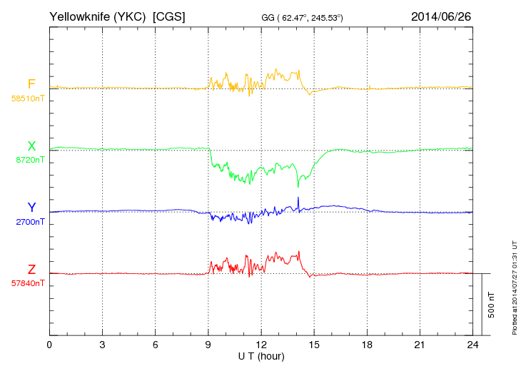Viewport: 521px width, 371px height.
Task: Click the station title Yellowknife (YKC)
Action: [98, 16]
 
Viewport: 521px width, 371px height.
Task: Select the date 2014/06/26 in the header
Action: [440, 16]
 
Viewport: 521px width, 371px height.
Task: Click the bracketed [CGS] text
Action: [169, 16]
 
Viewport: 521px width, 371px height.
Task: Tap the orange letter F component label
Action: [31, 84]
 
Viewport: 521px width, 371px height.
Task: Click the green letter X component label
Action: [31, 146]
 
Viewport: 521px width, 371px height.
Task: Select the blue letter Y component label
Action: [31, 208]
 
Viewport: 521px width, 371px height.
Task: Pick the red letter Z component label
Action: [31, 270]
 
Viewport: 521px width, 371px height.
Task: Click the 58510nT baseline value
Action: [28, 98]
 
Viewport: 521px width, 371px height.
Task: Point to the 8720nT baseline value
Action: [30, 160]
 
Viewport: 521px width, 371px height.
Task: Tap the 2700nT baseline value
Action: [30, 222]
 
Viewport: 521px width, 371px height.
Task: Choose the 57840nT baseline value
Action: [28, 283]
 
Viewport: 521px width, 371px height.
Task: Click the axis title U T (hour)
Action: [261, 355]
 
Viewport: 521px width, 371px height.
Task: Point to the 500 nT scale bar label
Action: [492, 304]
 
